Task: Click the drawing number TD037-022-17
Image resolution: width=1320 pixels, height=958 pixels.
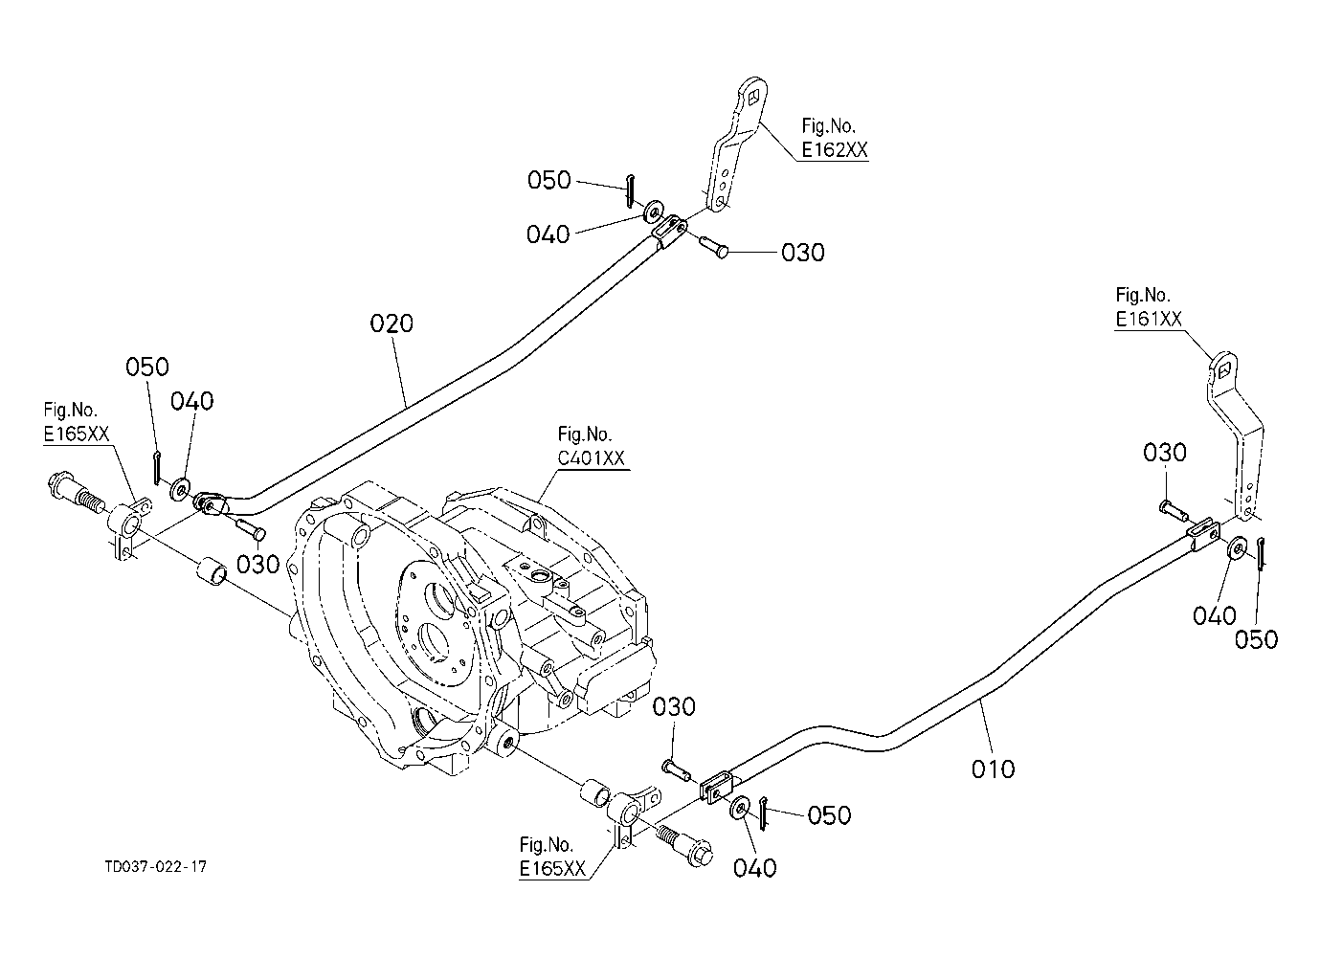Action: click(x=156, y=867)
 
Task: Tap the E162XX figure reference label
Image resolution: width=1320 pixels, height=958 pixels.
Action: click(x=835, y=150)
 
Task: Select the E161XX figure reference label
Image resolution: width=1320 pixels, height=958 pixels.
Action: click(x=1149, y=320)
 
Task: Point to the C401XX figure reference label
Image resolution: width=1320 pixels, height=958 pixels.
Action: click(x=591, y=458)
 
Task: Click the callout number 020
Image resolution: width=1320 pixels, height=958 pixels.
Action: click(x=392, y=323)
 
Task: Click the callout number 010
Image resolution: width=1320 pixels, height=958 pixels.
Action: click(x=994, y=769)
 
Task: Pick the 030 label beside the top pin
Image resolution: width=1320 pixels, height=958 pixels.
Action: click(x=802, y=253)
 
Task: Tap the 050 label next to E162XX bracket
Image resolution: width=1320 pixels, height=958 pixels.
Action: click(x=549, y=180)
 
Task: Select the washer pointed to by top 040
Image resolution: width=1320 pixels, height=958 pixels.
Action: click(x=654, y=211)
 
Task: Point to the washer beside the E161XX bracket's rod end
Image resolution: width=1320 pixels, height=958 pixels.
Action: click(x=1237, y=547)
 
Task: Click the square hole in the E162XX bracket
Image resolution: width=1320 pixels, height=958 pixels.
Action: click(x=753, y=98)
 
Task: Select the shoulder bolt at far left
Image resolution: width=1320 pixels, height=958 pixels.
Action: click(x=77, y=494)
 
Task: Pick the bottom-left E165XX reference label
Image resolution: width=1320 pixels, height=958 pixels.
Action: click(x=552, y=869)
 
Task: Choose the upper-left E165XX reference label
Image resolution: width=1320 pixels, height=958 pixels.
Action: click(x=77, y=434)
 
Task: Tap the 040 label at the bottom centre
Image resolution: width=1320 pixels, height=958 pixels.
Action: click(x=755, y=868)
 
